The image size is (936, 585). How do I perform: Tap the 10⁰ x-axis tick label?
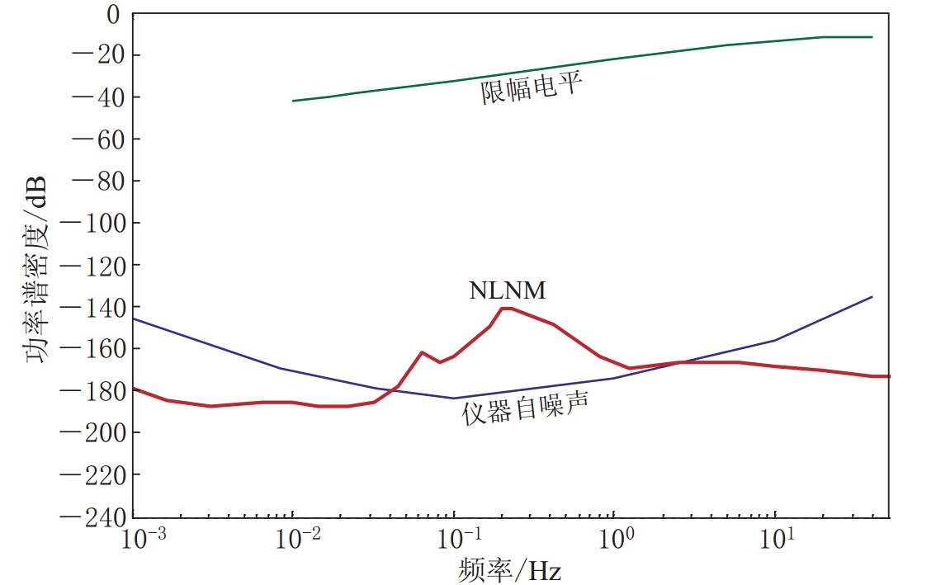coord(620,539)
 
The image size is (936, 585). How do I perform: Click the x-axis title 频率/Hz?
coord(509,569)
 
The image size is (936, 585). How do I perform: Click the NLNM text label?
coord(508,290)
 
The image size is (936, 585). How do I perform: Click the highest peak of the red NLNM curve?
coord(507,308)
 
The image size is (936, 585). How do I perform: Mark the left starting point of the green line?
coord(293,101)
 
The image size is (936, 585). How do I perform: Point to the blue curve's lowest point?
coord(453,399)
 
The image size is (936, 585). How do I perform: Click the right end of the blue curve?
coord(872,296)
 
